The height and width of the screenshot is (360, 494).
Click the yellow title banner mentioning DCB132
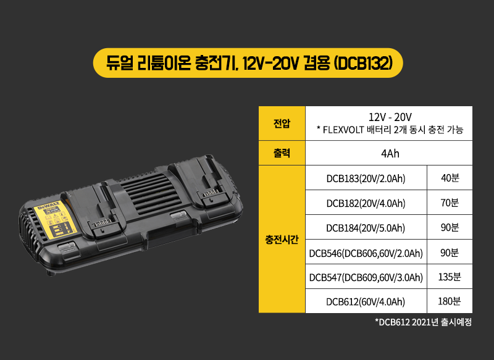click(247, 63)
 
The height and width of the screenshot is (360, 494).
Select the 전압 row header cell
click(282, 123)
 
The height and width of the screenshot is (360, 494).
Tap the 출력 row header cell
click(282, 153)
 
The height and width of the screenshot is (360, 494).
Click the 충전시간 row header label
click(282, 239)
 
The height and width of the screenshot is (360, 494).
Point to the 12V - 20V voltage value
click(390, 117)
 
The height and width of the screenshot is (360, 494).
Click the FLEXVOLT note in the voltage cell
click(390, 130)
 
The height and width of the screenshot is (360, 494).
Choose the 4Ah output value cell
click(390, 153)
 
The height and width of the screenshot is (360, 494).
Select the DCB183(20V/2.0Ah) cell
click(366, 178)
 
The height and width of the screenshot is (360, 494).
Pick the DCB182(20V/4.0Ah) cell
click(366, 203)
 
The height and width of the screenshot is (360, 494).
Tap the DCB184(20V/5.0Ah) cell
click(366, 228)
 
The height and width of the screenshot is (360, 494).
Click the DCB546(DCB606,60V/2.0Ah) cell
click(366, 253)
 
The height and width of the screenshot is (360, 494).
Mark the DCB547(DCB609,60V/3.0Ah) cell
click(366, 277)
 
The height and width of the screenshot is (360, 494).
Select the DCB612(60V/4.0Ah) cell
click(366, 301)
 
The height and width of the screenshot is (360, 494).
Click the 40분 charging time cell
click(450, 178)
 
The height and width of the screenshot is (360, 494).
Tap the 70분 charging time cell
click(450, 203)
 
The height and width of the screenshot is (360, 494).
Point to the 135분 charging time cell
click(450, 277)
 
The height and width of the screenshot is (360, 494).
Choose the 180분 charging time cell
click(450, 301)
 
